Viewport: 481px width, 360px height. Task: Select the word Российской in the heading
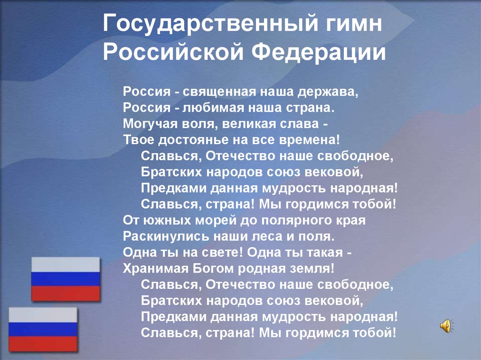tap(173, 52)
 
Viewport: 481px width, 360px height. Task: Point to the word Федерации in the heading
tap(318, 52)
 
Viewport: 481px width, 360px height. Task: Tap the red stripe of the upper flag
tap(66, 293)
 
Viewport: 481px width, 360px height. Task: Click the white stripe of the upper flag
tap(66, 265)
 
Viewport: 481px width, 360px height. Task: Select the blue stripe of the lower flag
tap(43, 329)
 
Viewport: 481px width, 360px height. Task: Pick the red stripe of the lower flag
tap(43, 344)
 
